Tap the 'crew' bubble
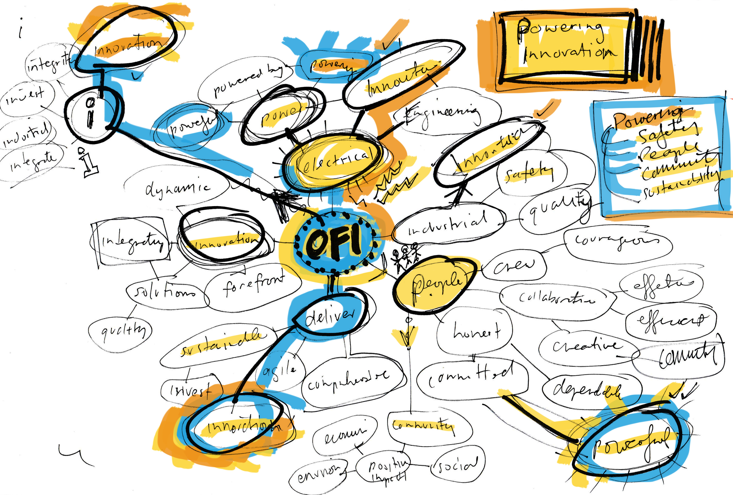pyautogui.click(x=514, y=266)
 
